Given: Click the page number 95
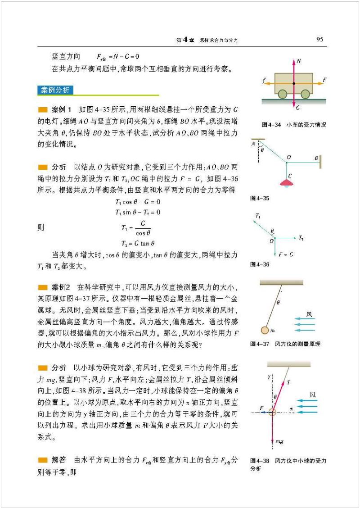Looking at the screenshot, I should click(x=319, y=39).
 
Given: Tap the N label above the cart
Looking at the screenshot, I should click(x=298, y=61).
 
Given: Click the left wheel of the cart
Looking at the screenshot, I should click(x=283, y=94).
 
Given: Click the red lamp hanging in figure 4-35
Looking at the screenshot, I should click(x=286, y=182).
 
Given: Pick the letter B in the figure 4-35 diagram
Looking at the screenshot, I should click(x=317, y=158).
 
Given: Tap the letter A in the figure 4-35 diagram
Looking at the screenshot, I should click(x=253, y=144).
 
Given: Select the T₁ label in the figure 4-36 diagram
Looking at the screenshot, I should click(x=257, y=217).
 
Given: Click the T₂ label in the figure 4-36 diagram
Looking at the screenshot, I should click(x=301, y=237).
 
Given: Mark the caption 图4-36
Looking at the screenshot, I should click(x=260, y=264).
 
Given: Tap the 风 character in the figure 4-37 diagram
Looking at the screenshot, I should click(x=309, y=314).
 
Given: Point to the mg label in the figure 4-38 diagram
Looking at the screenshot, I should click(x=279, y=442).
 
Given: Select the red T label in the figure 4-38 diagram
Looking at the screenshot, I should click(x=288, y=382).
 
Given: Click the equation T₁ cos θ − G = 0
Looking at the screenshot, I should click(x=138, y=201).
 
